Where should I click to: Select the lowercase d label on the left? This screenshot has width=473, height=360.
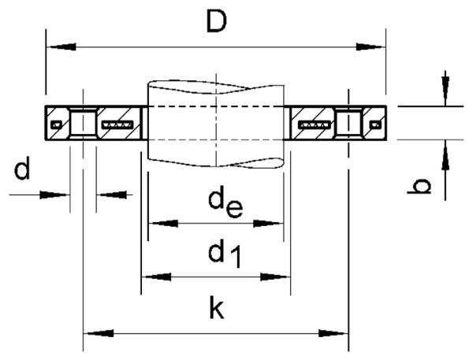pyautogui.click(x=24, y=169)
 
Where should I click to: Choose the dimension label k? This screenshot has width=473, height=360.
pyautogui.click(x=217, y=309)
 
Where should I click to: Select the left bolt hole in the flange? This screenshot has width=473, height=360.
pyautogui.click(x=83, y=124)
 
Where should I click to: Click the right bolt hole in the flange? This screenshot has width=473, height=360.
pyautogui.click(x=348, y=124)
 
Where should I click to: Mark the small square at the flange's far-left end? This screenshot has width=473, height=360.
pyautogui.click(x=54, y=124)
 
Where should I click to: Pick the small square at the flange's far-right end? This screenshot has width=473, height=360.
pyautogui.click(x=375, y=124)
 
